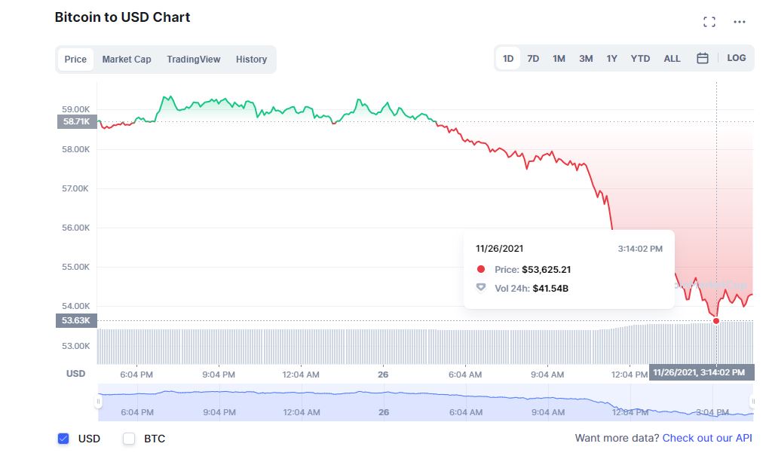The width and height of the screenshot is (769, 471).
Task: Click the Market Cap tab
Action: click(x=127, y=60)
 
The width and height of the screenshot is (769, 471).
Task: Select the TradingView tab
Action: click(x=194, y=60)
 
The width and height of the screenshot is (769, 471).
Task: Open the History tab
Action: click(x=251, y=60)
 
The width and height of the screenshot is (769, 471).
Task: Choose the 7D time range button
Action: click(x=533, y=59)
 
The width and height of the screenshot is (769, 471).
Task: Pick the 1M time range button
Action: click(x=559, y=59)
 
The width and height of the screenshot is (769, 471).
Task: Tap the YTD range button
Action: click(x=640, y=59)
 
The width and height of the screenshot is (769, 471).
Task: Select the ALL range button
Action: click(x=672, y=59)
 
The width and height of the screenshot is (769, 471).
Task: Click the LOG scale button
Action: click(x=737, y=58)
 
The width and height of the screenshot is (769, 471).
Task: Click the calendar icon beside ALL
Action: click(x=703, y=58)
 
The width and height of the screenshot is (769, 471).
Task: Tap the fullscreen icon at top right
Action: click(x=709, y=22)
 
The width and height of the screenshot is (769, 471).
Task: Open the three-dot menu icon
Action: click(x=740, y=22)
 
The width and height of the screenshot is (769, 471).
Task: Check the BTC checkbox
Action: click(x=129, y=439)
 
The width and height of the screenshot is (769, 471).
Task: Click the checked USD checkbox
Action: click(x=64, y=439)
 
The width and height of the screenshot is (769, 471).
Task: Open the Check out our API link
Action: click(x=706, y=438)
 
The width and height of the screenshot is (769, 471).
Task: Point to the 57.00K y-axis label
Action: click(x=76, y=188)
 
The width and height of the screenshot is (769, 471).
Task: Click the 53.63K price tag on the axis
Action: click(x=76, y=321)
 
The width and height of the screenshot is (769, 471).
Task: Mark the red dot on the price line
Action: click(x=716, y=321)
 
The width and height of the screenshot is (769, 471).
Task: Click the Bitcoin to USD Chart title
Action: click(x=122, y=17)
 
